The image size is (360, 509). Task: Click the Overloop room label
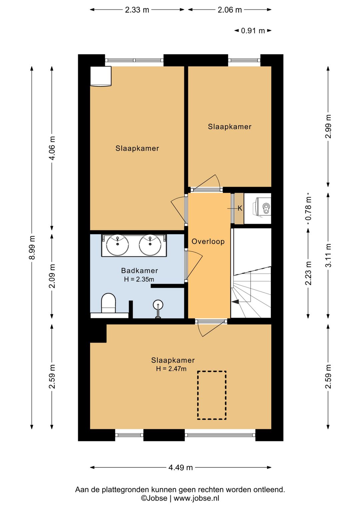pos(208,241)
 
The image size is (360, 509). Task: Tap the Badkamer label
pos(139,271)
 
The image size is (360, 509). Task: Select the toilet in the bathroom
pos(108,303)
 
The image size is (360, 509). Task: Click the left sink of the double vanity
pos(117,245)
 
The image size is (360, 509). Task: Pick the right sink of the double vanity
pos(150,245)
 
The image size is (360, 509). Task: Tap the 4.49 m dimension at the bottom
pos(181,467)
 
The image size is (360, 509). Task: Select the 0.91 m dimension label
pos(253,31)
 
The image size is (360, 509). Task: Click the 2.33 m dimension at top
pos(137,10)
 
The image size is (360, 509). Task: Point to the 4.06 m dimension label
pos(52,148)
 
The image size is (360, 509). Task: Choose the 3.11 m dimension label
pos(328,255)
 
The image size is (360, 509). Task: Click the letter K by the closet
pos(240,208)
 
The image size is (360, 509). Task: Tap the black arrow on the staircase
pos(235,302)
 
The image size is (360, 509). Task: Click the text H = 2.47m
pos(171,369)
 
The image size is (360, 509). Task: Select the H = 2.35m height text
pos(139,279)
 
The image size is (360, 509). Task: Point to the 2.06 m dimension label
pos(230,10)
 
